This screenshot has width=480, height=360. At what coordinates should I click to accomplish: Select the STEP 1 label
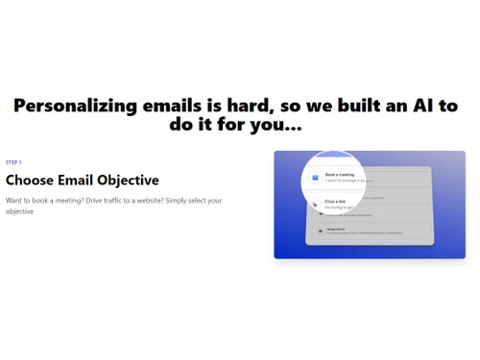point(13,162)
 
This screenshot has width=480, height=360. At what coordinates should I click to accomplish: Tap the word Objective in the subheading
point(128,180)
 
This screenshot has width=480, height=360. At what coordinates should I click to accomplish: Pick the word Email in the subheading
point(77,180)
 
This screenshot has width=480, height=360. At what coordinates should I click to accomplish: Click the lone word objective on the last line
point(20,211)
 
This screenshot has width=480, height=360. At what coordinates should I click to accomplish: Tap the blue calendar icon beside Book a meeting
point(314,178)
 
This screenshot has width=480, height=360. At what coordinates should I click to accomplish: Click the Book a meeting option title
point(340,175)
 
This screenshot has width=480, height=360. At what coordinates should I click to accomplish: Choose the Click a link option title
point(335,202)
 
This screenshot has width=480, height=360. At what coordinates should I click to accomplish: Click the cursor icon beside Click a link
point(314,204)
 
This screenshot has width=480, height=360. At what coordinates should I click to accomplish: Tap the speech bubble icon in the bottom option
point(320,231)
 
